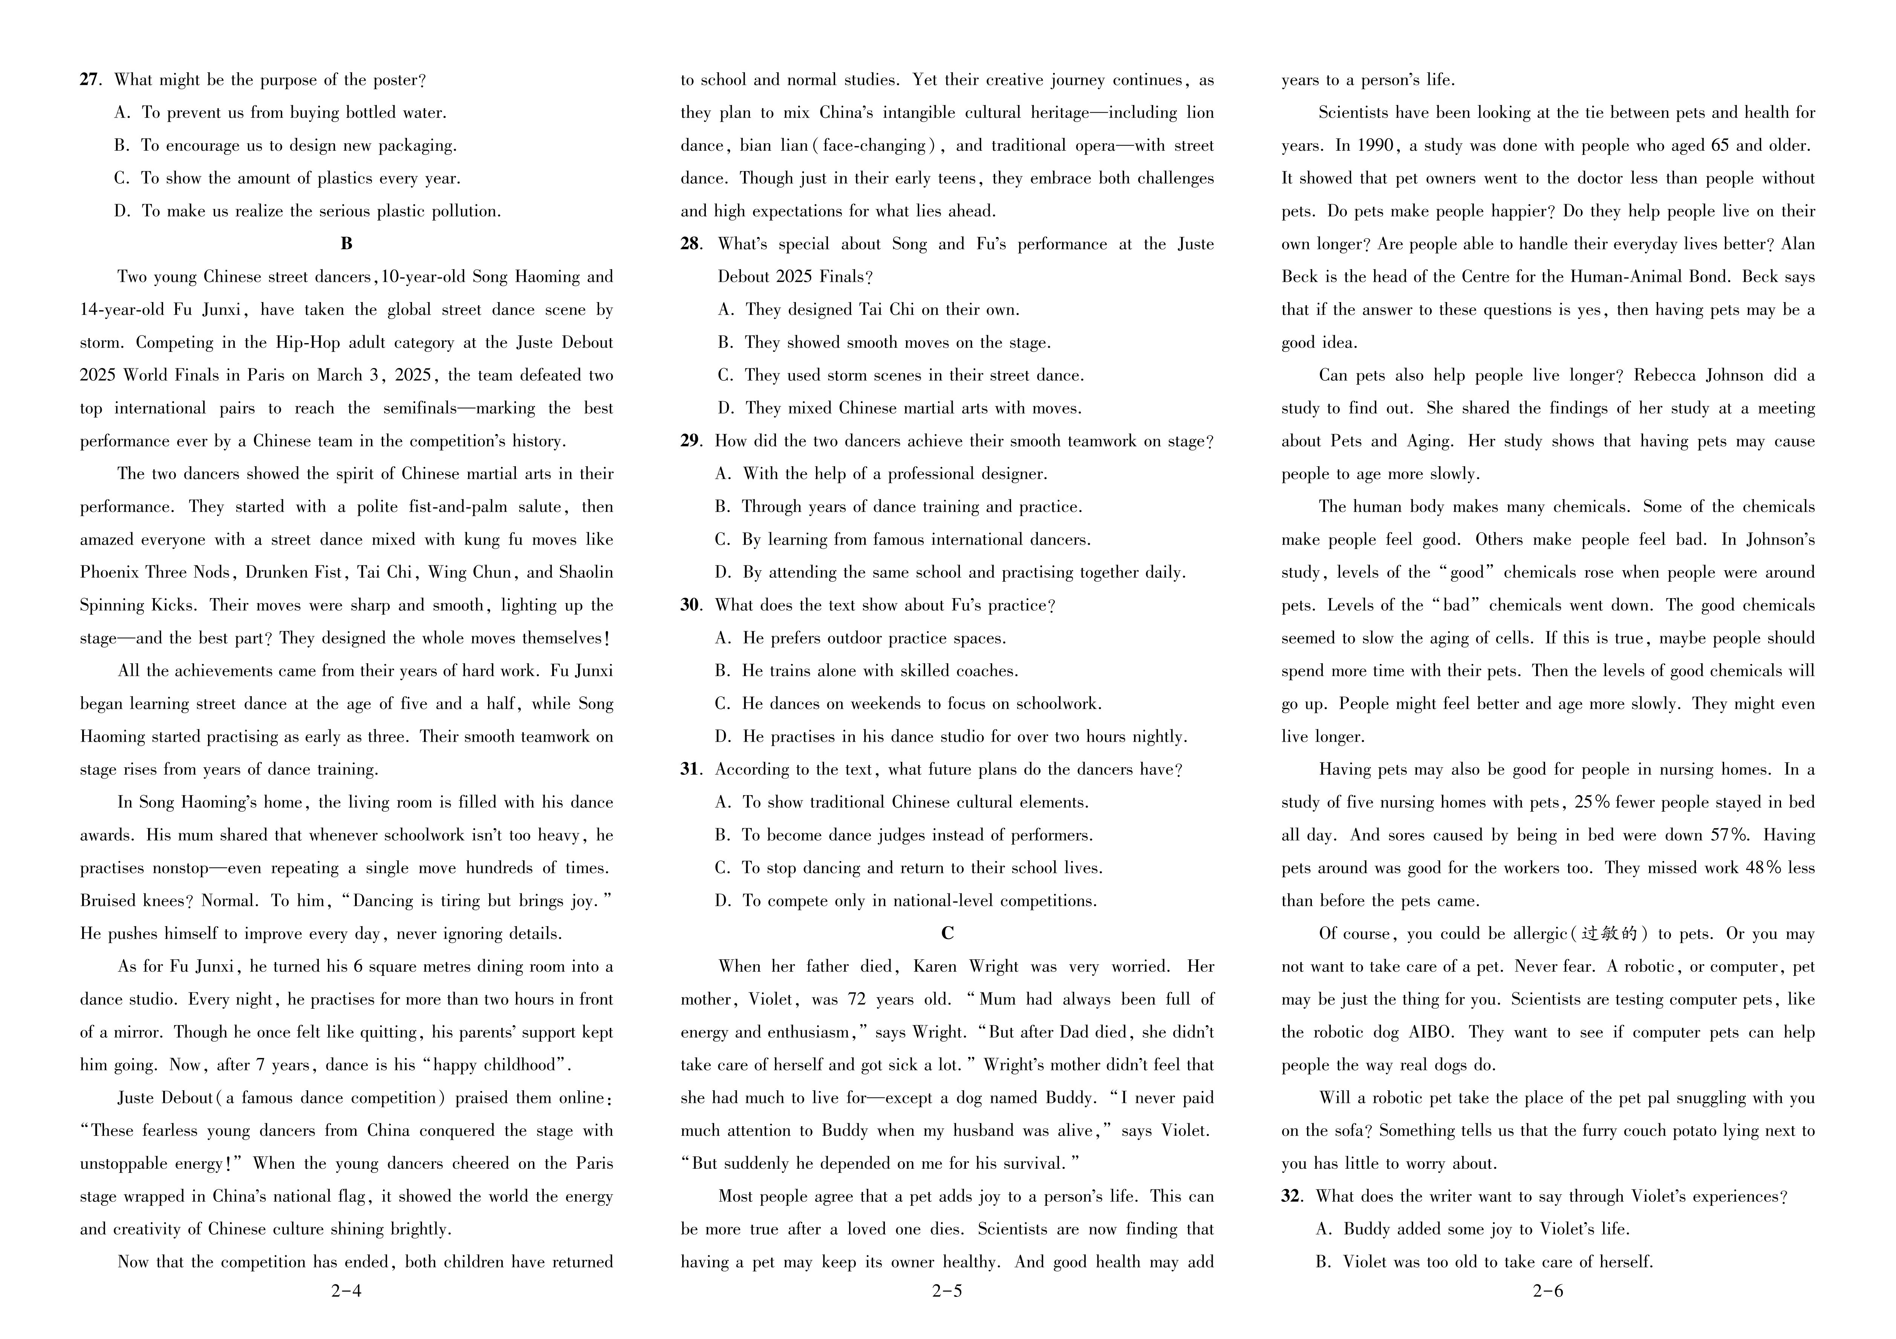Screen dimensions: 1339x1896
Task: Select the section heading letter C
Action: [947, 933]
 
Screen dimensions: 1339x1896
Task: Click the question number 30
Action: [690, 605]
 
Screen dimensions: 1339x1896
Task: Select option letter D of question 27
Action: [122, 211]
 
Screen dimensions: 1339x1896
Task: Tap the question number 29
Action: [690, 441]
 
